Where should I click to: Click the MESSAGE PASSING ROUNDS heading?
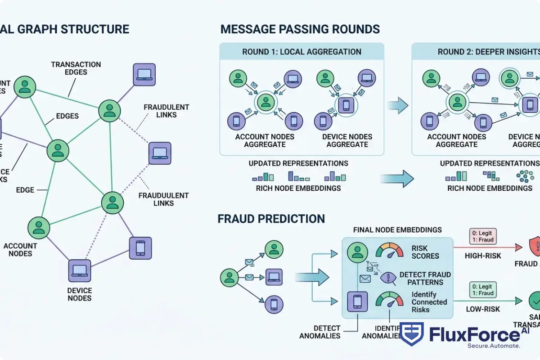(300, 30)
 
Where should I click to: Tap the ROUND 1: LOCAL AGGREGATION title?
(301, 52)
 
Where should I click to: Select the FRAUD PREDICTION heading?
(271, 219)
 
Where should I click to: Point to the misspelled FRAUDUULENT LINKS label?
(163, 199)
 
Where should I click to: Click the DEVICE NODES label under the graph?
(80, 294)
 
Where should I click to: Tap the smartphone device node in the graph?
(140, 247)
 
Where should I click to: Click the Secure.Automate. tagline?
(494, 346)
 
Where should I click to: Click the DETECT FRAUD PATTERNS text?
(425, 278)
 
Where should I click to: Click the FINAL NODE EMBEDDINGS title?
(398, 230)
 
